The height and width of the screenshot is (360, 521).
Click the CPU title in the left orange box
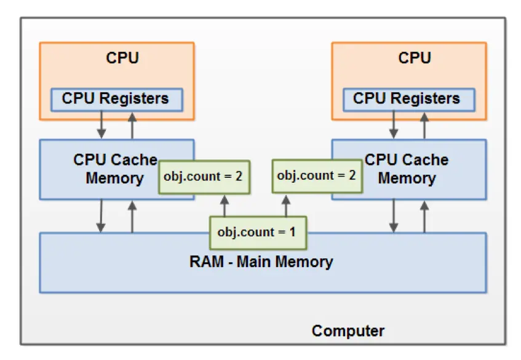point(122,58)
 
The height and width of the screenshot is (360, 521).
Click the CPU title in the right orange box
point(414,58)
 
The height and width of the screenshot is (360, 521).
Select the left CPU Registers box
point(116,98)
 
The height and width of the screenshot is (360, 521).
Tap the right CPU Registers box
point(407,98)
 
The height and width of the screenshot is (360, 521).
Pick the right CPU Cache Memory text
point(407,169)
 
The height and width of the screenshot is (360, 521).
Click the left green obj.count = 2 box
point(202,177)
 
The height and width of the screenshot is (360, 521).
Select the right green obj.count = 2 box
point(316,175)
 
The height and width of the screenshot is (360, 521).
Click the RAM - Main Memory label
point(261,262)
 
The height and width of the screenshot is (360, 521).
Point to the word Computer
point(348,331)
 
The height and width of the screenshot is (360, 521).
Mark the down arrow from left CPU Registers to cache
point(102,126)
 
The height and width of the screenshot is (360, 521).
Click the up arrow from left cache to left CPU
point(132,126)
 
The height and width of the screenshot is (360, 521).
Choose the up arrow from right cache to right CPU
point(424,126)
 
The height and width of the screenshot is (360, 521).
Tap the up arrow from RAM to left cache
point(132,216)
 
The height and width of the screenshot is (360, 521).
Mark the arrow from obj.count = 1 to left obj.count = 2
point(225,206)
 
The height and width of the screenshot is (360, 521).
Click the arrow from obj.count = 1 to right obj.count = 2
point(285,206)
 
